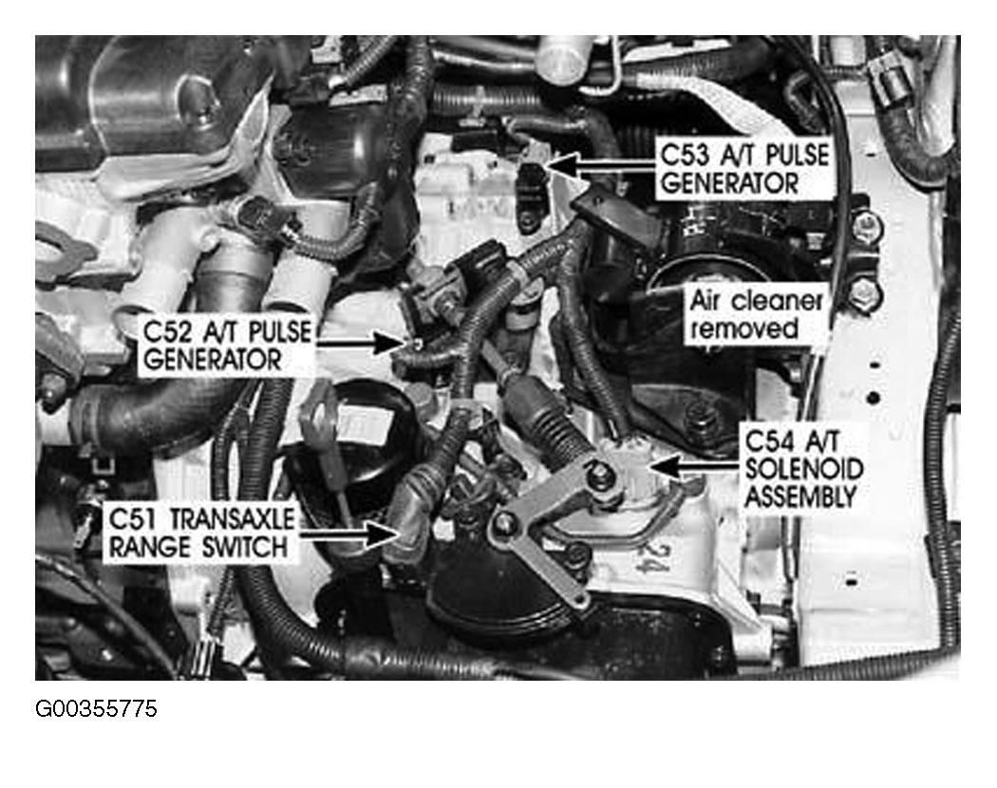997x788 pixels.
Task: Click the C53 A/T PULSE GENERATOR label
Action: pos(744,169)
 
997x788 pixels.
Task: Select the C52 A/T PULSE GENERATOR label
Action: pos(228,346)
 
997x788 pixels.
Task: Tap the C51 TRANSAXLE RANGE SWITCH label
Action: pos(201,533)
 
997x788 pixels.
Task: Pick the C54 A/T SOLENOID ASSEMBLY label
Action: pos(803,469)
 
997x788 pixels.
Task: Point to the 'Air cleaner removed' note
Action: pos(756,315)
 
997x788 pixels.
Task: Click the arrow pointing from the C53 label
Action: pos(601,163)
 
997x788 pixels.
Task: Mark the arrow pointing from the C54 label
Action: pos(694,466)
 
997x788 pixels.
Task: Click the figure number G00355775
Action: pos(96,709)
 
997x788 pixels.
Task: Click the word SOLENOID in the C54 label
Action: pos(803,469)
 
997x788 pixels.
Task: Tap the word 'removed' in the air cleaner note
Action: pos(743,328)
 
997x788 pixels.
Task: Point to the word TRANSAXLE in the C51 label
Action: pos(233,519)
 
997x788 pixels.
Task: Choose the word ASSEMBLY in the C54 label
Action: pos(800,497)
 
